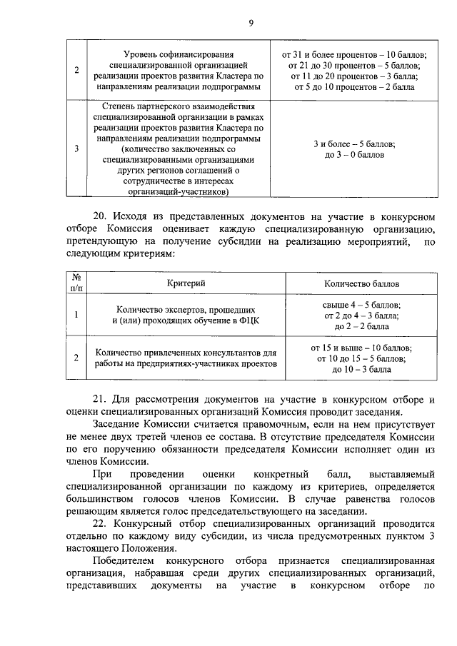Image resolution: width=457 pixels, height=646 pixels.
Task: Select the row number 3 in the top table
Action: pos(76,149)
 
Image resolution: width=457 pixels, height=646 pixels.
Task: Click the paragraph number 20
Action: pos(101,216)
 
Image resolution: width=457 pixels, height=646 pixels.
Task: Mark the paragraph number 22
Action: pos(101,523)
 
